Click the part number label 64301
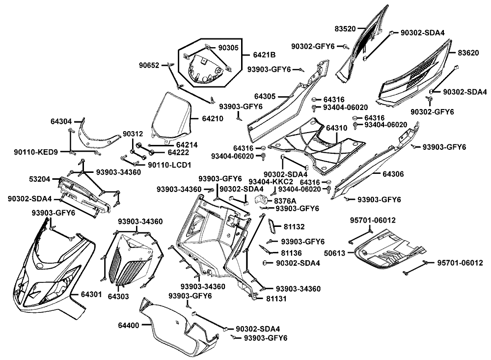coord(91,294)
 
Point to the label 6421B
coord(264,55)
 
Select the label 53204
coord(39,179)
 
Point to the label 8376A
coord(285,201)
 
